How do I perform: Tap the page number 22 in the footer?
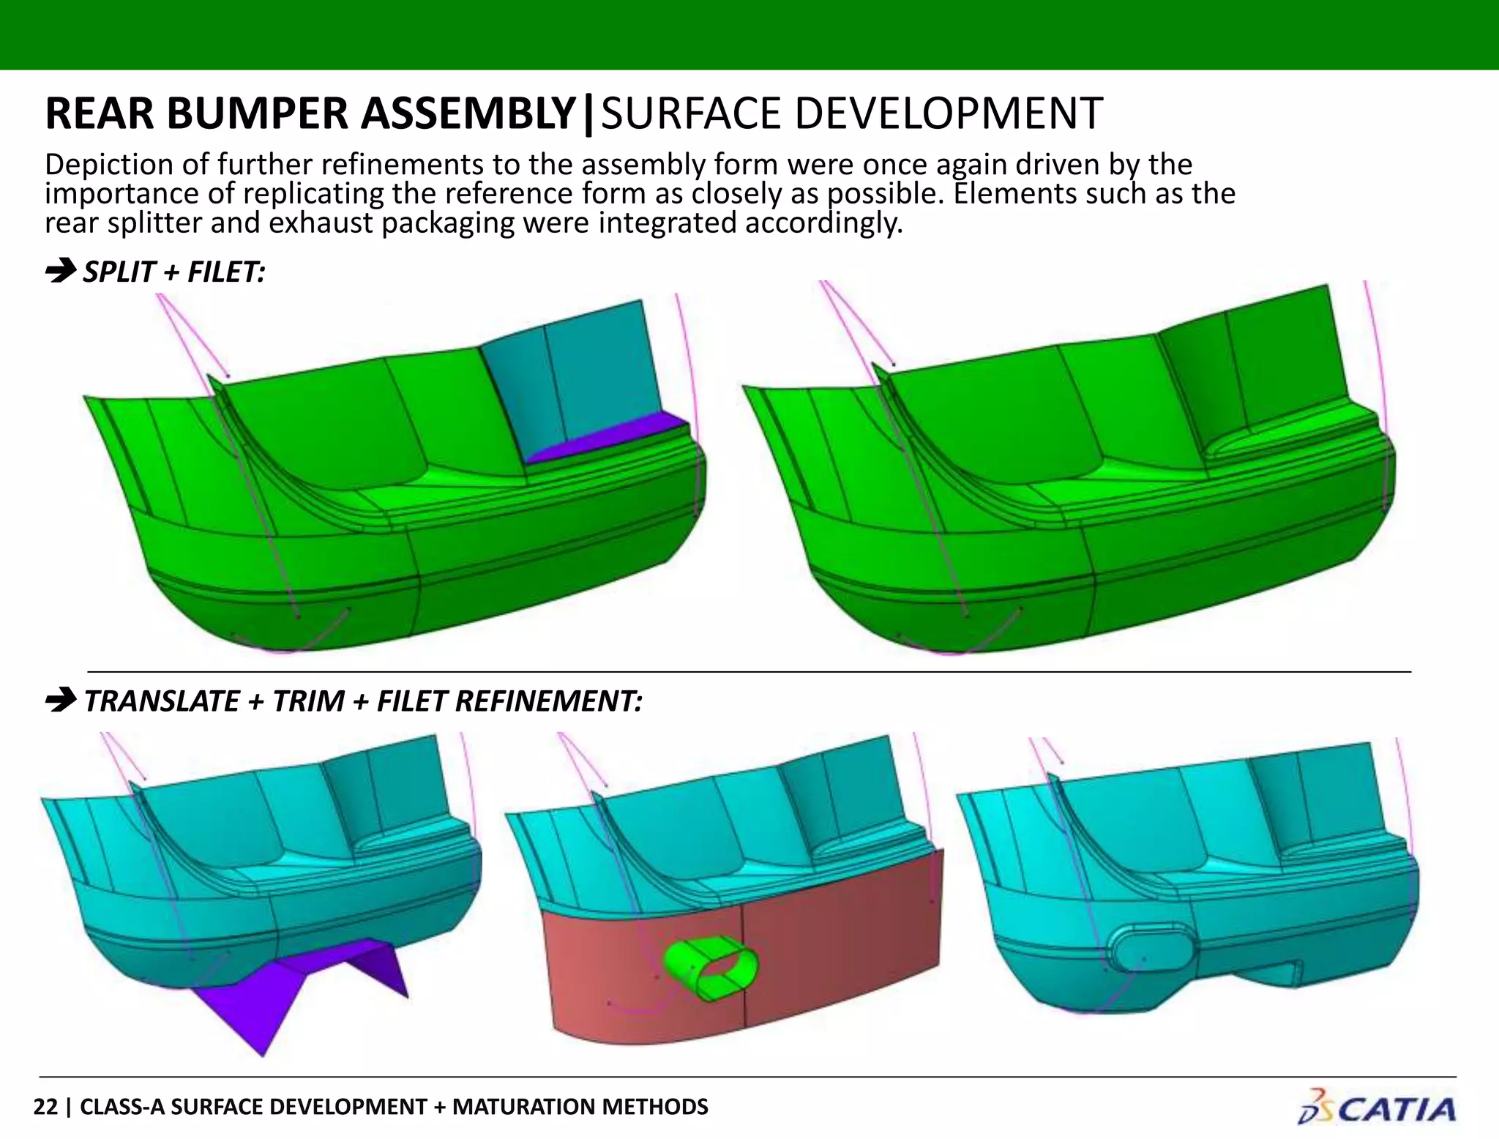45,1107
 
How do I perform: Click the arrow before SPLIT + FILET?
60,271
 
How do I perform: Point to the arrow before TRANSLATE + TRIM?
60,701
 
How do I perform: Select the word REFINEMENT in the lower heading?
548,701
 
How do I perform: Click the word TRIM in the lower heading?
307,701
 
